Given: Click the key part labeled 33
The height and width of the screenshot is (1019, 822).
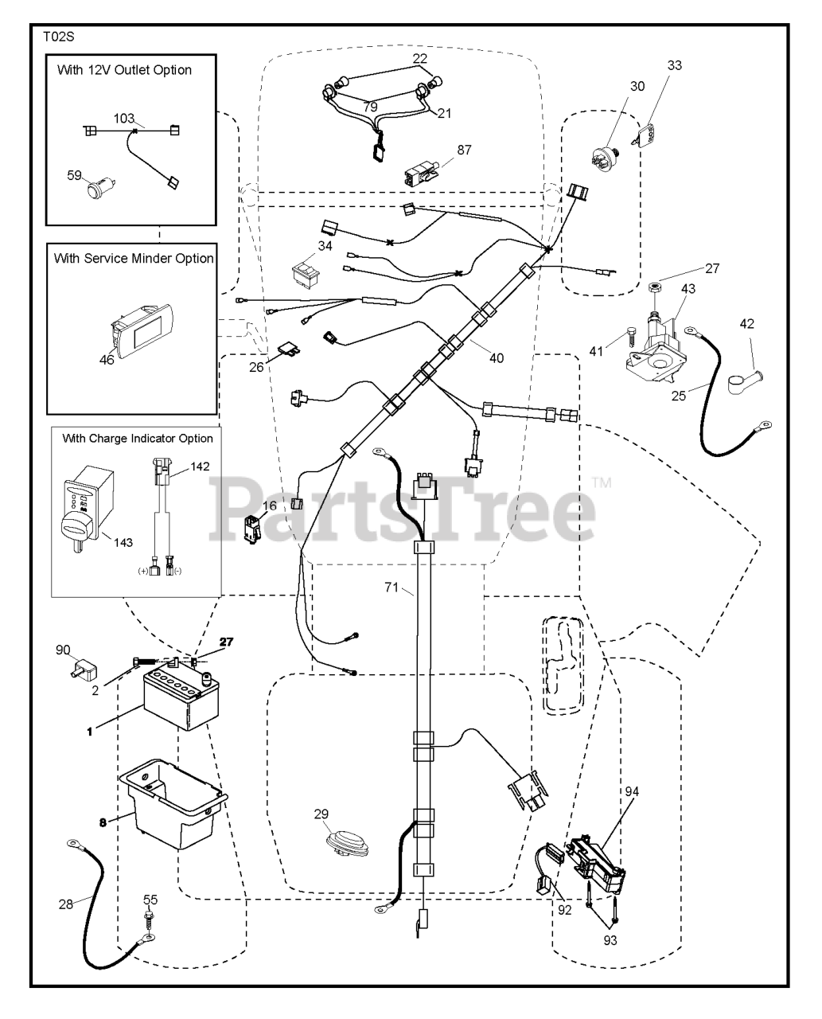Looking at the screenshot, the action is (649, 136).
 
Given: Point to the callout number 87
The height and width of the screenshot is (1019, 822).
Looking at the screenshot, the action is (464, 150).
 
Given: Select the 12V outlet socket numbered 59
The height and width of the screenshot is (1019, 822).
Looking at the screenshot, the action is (101, 187).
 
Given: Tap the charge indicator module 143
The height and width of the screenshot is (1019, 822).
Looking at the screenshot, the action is (88, 509).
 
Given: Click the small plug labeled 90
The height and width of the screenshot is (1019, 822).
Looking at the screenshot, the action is (84, 670).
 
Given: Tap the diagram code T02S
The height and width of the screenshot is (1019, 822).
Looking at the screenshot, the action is (59, 37).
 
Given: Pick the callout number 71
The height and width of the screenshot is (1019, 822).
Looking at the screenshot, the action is (392, 587).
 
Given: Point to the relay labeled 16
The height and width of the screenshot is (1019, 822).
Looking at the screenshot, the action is (252, 529).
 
